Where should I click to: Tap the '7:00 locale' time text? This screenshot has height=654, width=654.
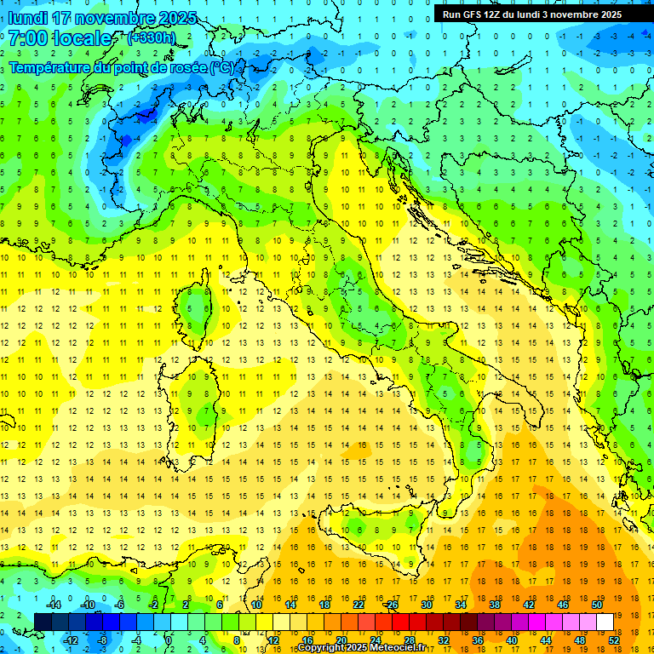tap(60, 38)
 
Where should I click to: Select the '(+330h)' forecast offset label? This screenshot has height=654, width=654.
tap(152, 38)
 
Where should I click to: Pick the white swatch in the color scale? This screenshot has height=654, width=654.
tap(605, 622)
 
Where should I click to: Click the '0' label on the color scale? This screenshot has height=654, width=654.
tap(169, 640)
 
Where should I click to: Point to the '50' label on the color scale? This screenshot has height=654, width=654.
tap(596, 605)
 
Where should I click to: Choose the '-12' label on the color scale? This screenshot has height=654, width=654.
tap(70, 640)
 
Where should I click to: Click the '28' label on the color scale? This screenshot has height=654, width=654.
tap(410, 640)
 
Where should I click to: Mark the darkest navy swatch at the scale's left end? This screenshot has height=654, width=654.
tap(43, 622)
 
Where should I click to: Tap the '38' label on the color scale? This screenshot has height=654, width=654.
tap(494, 605)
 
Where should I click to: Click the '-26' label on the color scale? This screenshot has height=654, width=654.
tap(391, 605)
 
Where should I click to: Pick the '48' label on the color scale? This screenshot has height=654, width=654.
tap(580, 640)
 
